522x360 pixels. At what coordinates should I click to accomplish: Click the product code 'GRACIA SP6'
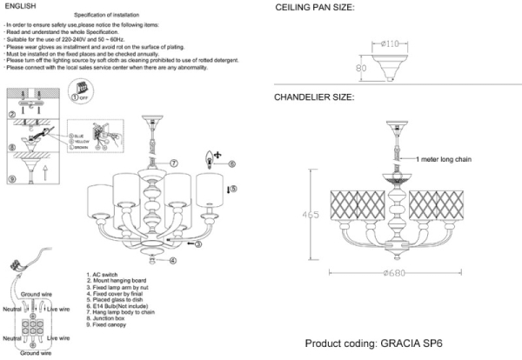[x=412, y=343]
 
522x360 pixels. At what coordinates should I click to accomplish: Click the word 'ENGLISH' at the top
[x=19, y=6]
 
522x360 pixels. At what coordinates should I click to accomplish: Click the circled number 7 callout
[x=173, y=163]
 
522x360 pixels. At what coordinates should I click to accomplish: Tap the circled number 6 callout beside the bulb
[x=232, y=163]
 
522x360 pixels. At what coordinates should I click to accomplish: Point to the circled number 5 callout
[x=232, y=188]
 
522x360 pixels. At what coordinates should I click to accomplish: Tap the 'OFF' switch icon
[x=84, y=91]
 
